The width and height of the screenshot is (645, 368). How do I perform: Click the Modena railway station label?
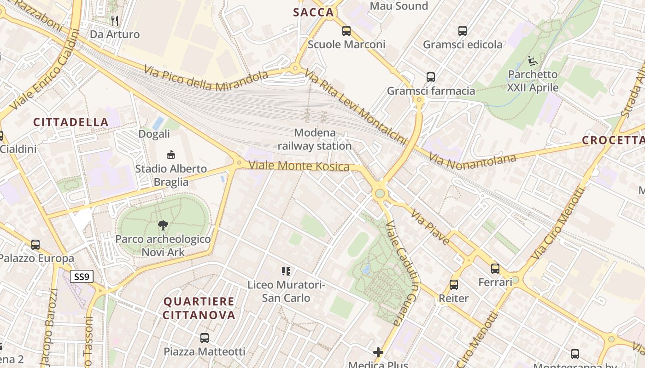click(x=315, y=140)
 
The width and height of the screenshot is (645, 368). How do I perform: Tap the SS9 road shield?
click(x=82, y=276)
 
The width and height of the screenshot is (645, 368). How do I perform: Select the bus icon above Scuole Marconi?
click(x=346, y=31)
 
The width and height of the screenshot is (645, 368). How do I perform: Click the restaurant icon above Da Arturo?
click(x=115, y=20)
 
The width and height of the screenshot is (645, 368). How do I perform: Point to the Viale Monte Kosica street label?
click(x=299, y=166)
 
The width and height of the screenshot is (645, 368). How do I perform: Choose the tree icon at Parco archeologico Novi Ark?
click(x=163, y=225)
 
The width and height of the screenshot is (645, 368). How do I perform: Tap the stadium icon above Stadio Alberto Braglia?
click(x=170, y=155)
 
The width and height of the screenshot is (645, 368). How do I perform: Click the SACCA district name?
click(x=313, y=12)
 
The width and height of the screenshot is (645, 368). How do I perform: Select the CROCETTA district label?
click(x=613, y=140)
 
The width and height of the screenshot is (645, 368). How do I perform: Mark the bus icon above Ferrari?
click(x=495, y=268)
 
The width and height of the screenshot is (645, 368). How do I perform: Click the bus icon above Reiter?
click(x=454, y=285)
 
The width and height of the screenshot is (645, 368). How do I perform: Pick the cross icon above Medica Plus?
click(x=378, y=352)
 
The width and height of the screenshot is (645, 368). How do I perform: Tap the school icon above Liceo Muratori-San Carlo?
click(x=286, y=271)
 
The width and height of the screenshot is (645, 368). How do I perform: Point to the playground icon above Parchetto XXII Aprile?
click(x=533, y=60)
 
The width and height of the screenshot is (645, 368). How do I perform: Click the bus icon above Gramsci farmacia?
click(x=431, y=77)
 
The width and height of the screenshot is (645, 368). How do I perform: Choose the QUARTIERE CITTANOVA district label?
click(x=199, y=308)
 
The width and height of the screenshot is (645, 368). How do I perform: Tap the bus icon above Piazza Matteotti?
click(x=205, y=338)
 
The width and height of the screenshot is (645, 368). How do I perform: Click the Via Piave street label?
click(x=430, y=227)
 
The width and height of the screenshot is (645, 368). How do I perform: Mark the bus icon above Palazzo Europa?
click(x=35, y=245)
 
